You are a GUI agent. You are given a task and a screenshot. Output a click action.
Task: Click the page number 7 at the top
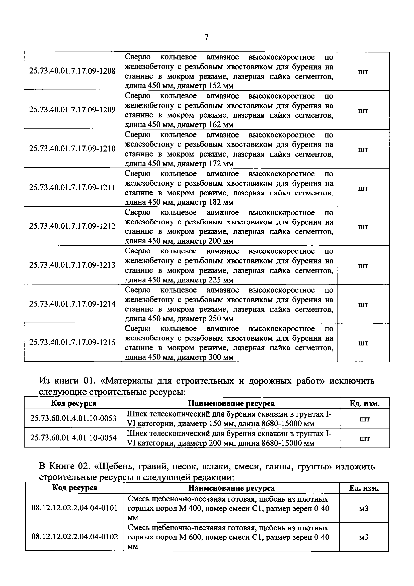(x=206, y=38)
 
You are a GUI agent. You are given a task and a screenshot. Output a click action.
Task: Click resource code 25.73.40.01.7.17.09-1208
(x=72, y=71)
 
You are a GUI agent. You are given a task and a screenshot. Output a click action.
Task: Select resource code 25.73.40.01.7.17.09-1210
(x=72, y=149)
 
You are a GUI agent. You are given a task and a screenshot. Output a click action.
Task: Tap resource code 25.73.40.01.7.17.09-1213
(x=72, y=265)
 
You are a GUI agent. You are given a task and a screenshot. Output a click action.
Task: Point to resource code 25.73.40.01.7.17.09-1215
(x=72, y=342)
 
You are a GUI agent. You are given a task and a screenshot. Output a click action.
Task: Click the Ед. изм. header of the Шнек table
(x=365, y=404)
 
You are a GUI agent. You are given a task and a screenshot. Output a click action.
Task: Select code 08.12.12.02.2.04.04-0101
(x=74, y=508)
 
